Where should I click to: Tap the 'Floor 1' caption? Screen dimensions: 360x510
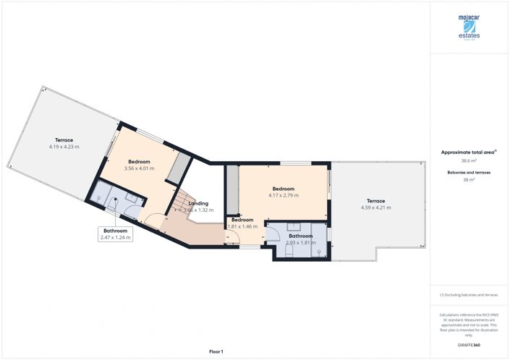[x=215, y=351]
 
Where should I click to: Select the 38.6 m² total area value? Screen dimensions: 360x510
[x=469, y=160]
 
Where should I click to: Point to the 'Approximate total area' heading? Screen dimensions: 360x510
[x=468, y=152]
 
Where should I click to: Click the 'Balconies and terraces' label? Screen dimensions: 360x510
[x=469, y=173]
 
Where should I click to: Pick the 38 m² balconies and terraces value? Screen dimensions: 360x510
[x=469, y=180]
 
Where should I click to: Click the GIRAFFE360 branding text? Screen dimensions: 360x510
[x=469, y=346]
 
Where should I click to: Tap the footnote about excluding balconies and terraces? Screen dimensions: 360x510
[x=469, y=296]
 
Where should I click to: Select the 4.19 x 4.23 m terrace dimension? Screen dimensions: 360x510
[x=64, y=147]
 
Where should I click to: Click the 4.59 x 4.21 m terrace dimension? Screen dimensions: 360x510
[x=375, y=207]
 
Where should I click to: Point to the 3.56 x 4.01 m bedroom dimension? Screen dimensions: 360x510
[x=140, y=168]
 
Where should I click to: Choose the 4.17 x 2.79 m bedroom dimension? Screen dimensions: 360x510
[x=283, y=195]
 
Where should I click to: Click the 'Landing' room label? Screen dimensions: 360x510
[x=198, y=203]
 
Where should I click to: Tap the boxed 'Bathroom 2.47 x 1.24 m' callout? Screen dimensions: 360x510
[x=116, y=233]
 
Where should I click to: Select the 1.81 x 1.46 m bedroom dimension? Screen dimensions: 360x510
[x=243, y=226]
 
